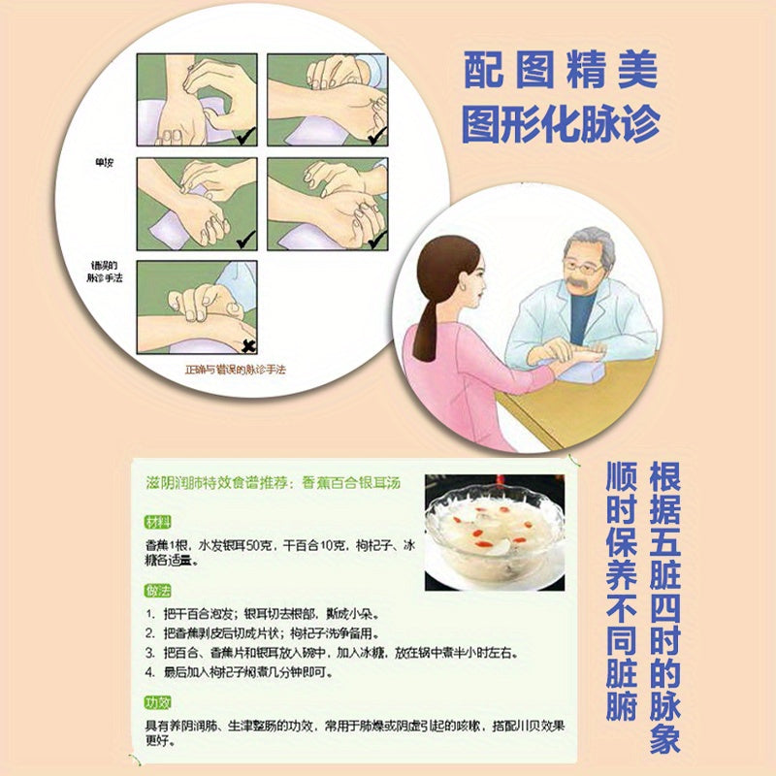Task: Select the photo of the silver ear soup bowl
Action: [x=495, y=532]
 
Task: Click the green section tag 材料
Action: [x=157, y=522]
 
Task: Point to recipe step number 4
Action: [x=150, y=670]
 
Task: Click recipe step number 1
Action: [x=150, y=615]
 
